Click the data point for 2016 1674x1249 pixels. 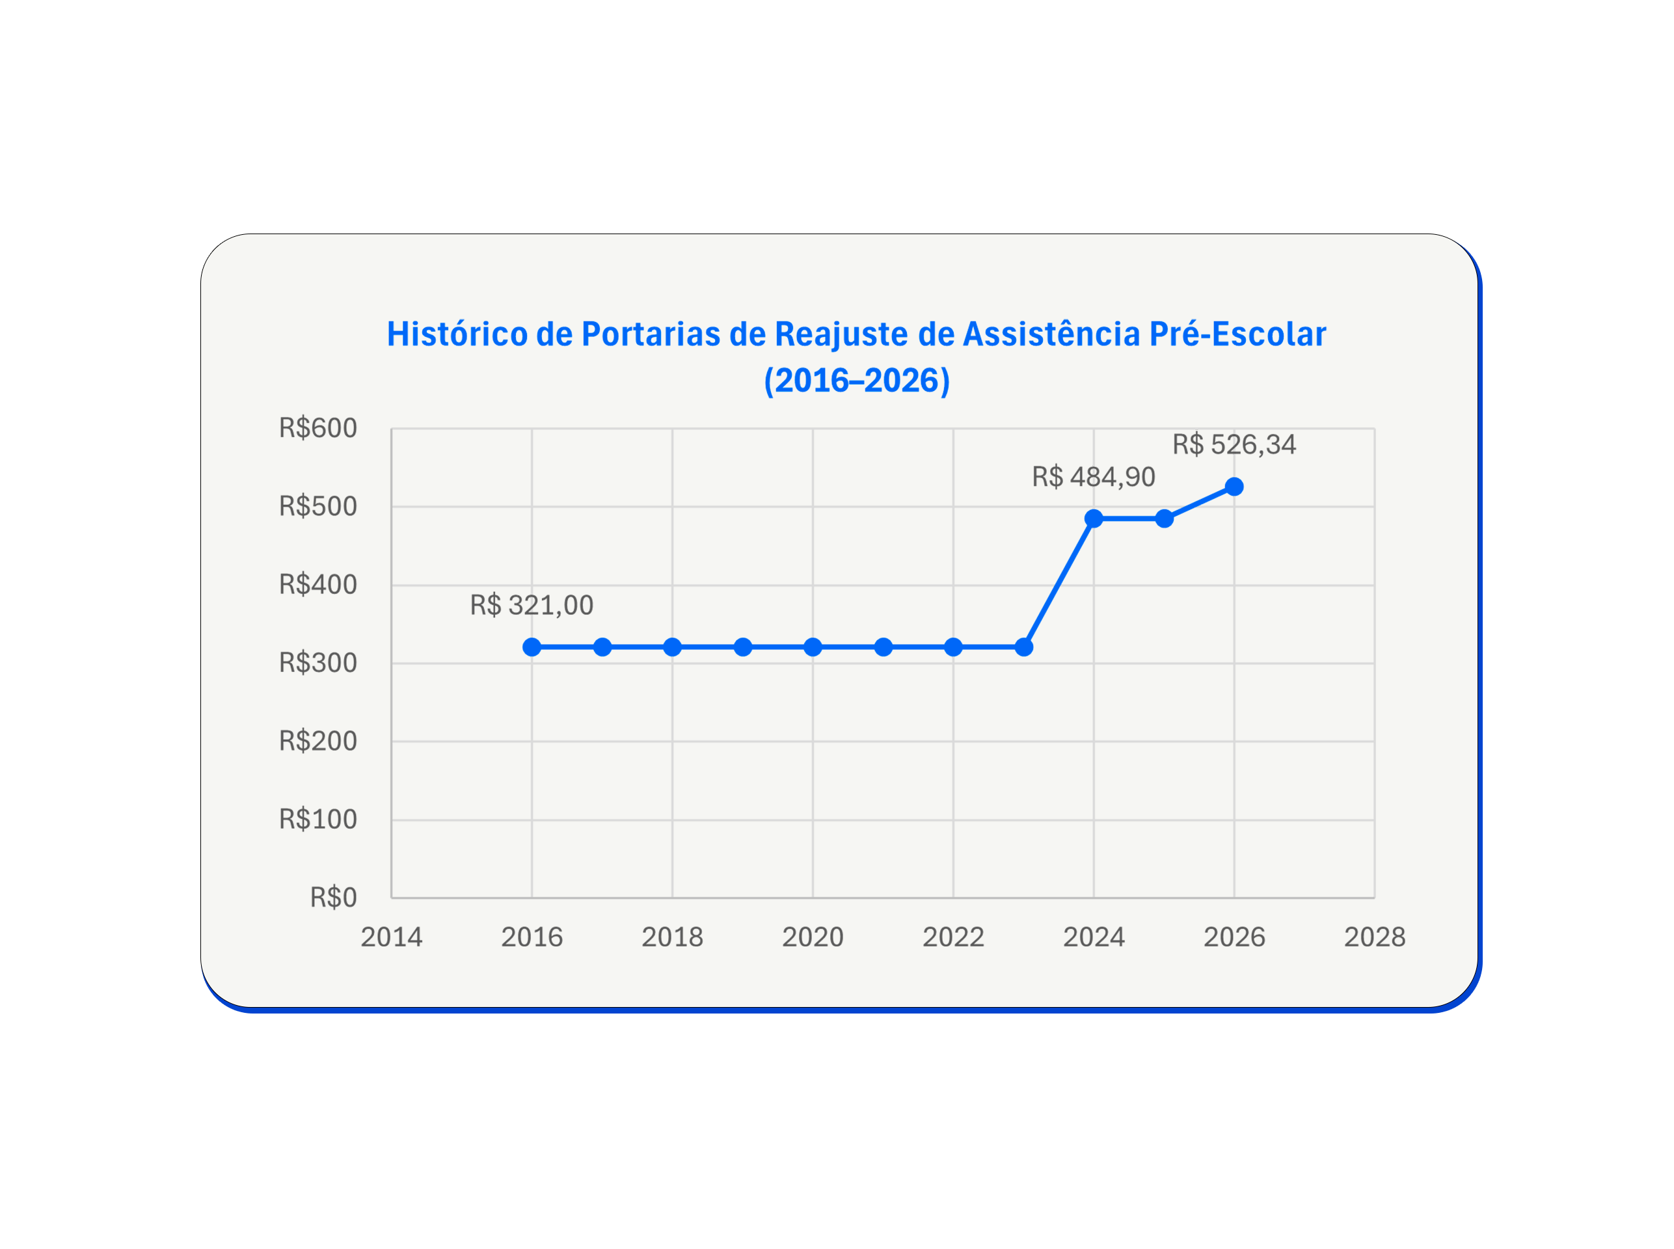pyautogui.click(x=532, y=647)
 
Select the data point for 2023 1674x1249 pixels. pyautogui.click(x=1024, y=647)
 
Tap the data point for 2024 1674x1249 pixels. pyautogui.click(x=1093, y=518)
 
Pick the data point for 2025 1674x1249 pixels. pyautogui.click(x=1165, y=518)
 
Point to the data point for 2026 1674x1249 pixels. pyautogui.click(x=1234, y=487)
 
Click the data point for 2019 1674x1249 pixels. pyautogui.click(x=743, y=647)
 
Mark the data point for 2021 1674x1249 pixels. pyautogui.click(x=883, y=647)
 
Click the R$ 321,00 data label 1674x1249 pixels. pyautogui.click(x=532, y=606)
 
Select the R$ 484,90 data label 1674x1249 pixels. pyautogui.click(x=1093, y=477)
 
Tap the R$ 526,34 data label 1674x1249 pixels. pyautogui.click(x=1234, y=444)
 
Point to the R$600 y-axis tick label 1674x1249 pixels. pyautogui.click(x=317, y=429)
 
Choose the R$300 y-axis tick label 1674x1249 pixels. pyautogui.click(x=317, y=663)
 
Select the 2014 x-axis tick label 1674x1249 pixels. pyautogui.click(x=391, y=937)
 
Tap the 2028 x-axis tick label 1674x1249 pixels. pyautogui.click(x=1374, y=937)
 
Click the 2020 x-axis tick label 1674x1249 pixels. pyautogui.click(x=812, y=937)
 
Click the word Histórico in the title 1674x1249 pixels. pyautogui.click(x=457, y=335)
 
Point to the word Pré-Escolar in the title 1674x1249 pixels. pyautogui.click(x=1237, y=335)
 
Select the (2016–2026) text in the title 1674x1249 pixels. pyautogui.click(x=857, y=381)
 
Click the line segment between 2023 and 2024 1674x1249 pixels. pyautogui.click(x=1059, y=583)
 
